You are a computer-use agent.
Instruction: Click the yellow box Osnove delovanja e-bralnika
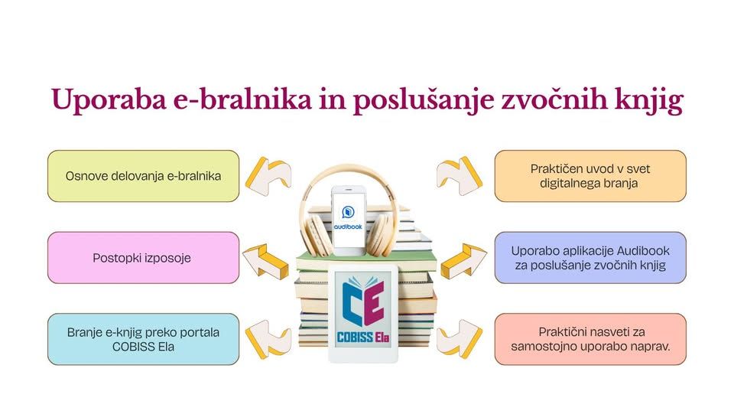click(x=143, y=176)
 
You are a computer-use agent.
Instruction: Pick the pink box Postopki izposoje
click(x=143, y=258)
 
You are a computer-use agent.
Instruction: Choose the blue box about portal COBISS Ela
click(x=143, y=339)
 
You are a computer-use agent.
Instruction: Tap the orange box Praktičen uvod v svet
click(x=589, y=176)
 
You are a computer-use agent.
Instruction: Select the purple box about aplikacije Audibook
click(x=589, y=258)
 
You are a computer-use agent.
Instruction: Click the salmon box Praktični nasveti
click(x=589, y=339)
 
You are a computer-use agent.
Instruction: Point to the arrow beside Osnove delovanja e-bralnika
click(x=268, y=174)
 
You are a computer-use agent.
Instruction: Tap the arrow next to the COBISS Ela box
click(x=268, y=338)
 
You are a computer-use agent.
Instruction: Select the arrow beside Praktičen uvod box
click(x=459, y=174)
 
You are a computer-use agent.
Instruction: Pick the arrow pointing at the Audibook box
click(x=463, y=259)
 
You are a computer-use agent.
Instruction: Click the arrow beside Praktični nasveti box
click(x=459, y=338)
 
